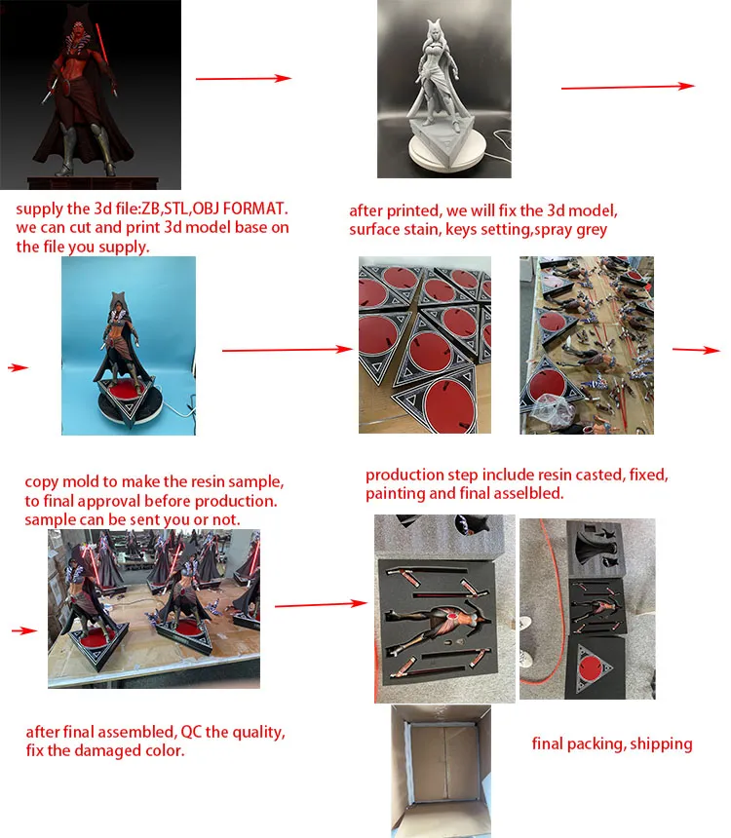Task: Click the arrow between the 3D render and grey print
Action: (244, 79)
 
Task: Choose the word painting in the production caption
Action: (397, 494)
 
